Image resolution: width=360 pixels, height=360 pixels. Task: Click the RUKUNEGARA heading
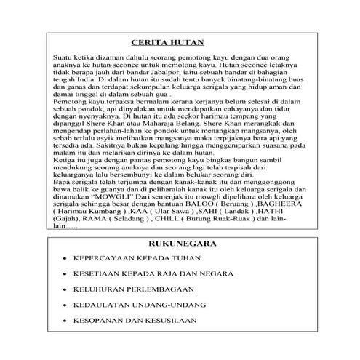coord(178,245)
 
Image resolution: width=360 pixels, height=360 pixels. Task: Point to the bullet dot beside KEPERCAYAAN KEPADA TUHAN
coord(64,258)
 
